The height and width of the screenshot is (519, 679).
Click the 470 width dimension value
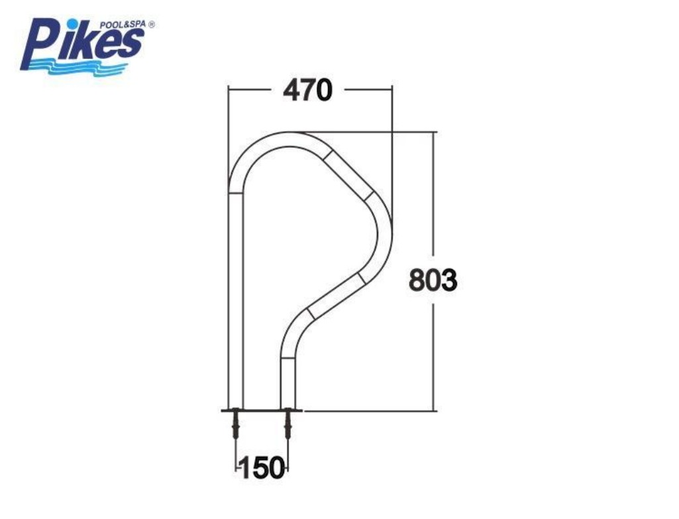tap(308, 91)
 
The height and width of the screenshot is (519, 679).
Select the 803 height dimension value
tap(433, 280)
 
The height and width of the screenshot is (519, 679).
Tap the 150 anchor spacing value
tap(262, 469)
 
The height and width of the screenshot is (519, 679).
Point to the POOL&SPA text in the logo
tap(123, 25)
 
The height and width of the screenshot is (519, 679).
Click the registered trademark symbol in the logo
tap(151, 25)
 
